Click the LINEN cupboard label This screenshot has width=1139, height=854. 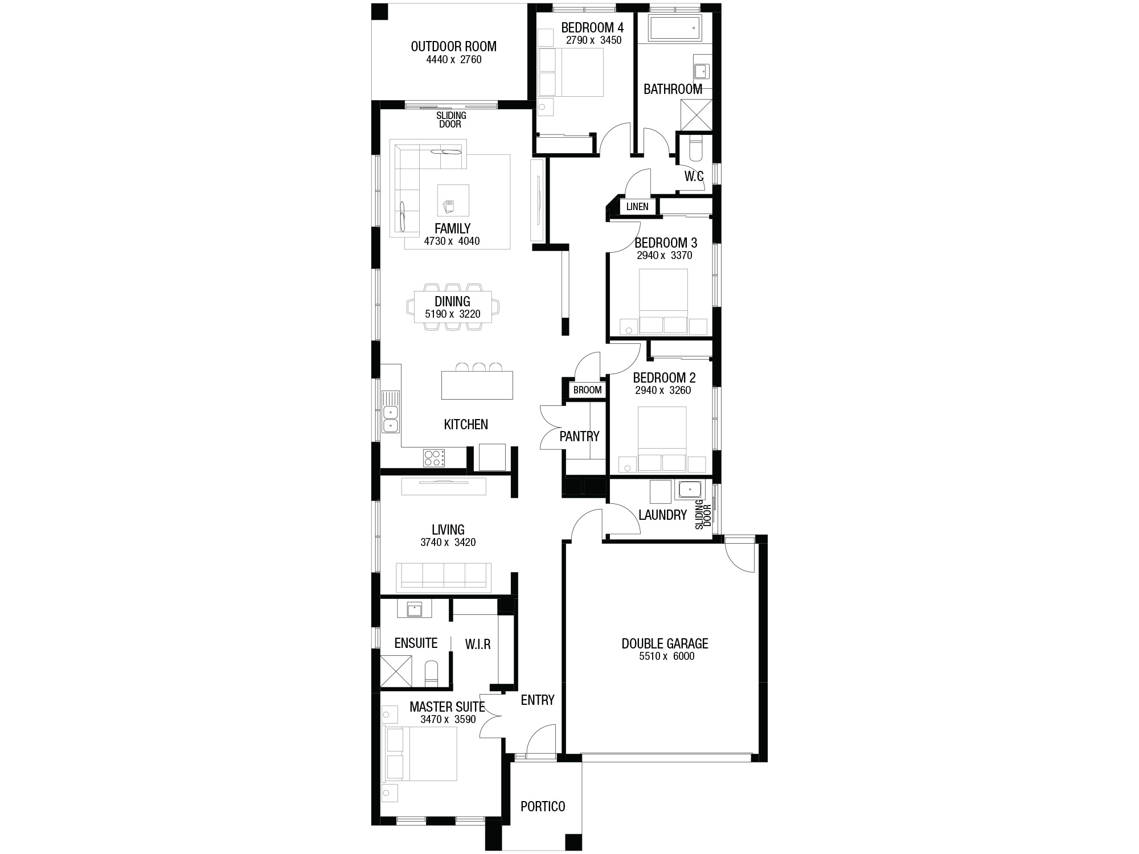pos(637,207)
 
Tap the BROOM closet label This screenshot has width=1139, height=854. pos(587,390)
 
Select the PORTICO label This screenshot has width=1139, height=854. pos(543,806)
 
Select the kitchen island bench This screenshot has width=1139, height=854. pos(477,385)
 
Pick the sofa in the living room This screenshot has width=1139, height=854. pos(444,576)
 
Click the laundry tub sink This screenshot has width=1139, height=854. pos(690,490)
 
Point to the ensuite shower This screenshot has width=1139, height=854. pos(395,670)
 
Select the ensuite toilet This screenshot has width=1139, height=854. pos(432,674)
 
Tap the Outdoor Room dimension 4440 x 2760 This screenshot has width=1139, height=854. pos(454,60)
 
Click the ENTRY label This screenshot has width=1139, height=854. pos(538,700)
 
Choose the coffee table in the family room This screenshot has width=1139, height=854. pos(453,200)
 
